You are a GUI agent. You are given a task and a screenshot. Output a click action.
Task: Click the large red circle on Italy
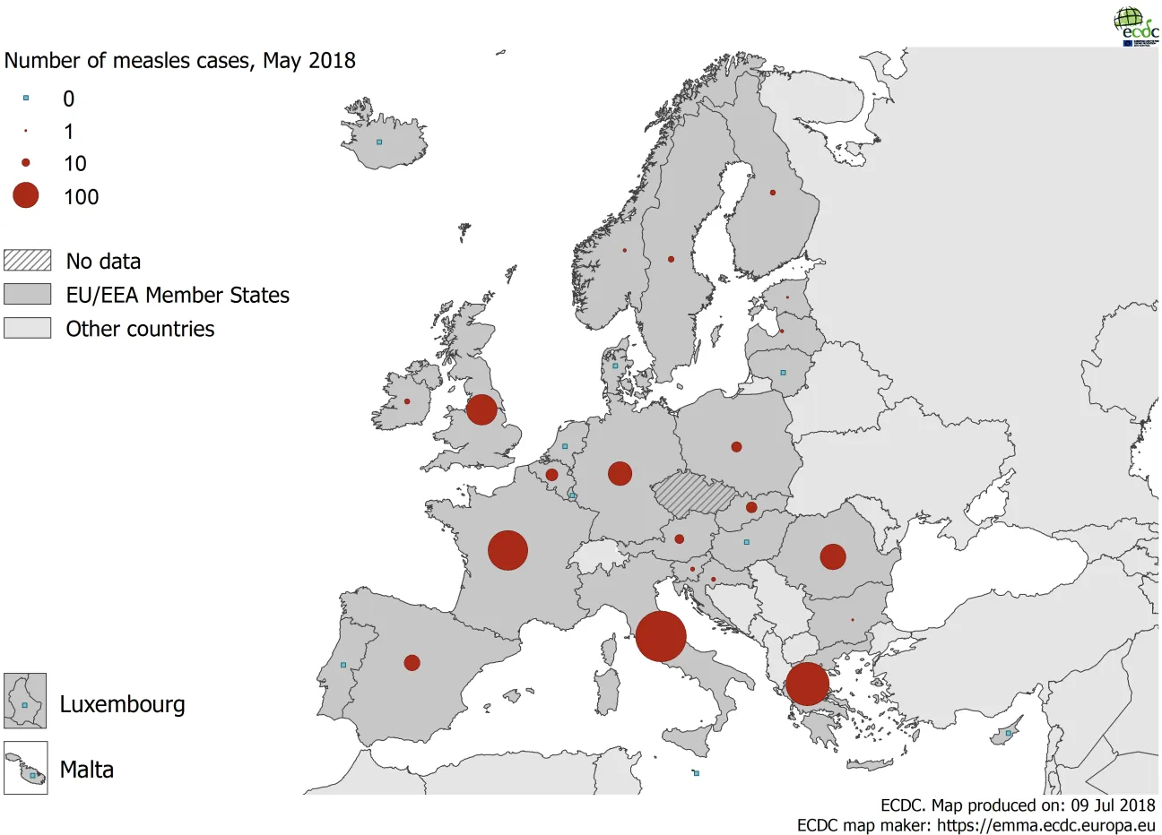(x=661, y=636)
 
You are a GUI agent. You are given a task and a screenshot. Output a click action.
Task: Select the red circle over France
(x=507, y=550)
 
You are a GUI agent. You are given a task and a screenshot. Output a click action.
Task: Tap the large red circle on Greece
(x=807, y=684)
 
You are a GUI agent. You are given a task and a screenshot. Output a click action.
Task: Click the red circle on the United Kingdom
(x=481, y=409)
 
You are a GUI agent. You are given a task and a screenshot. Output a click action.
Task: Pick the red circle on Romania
(x=833, y=556)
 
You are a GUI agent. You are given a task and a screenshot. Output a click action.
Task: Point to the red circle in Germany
(x=620, y=473)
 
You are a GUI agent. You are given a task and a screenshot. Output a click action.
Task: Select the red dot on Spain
(x=412, y=663)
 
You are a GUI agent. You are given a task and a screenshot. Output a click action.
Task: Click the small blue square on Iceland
(x=379, y=142)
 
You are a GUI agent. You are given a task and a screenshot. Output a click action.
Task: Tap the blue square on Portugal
(x=343, y=665)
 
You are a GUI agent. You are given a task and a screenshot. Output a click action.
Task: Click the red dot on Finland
(x=773, y=193)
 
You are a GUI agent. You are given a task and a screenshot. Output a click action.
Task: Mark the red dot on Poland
(x=736, y=446)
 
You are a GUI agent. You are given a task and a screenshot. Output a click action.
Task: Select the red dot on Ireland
(x=407, y=401)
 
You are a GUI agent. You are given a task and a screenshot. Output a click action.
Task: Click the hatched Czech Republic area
(x=693, y=494)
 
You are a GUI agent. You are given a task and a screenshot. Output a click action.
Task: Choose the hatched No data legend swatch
(x=27, y=261)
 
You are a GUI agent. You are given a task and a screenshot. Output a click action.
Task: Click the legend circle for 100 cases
(x=26, y=195)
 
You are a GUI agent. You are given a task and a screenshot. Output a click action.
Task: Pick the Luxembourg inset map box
(x=25, y=701)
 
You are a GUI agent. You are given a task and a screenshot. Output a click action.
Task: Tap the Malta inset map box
(x=25, y=768)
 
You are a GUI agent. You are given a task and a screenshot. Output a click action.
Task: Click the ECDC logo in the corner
(x=1135, y=25)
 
